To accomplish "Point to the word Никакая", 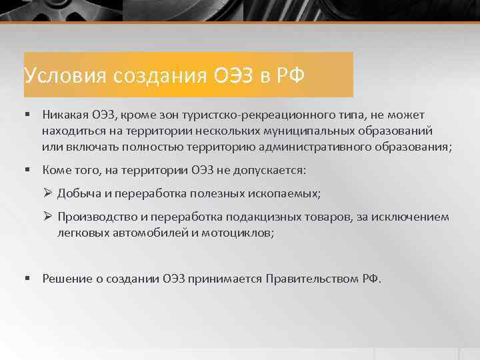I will [x=65, y=115].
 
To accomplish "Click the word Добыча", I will [x=77, y=194].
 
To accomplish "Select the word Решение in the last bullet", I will [x=65, y=279].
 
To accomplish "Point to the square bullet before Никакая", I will [x=28, y=115].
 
